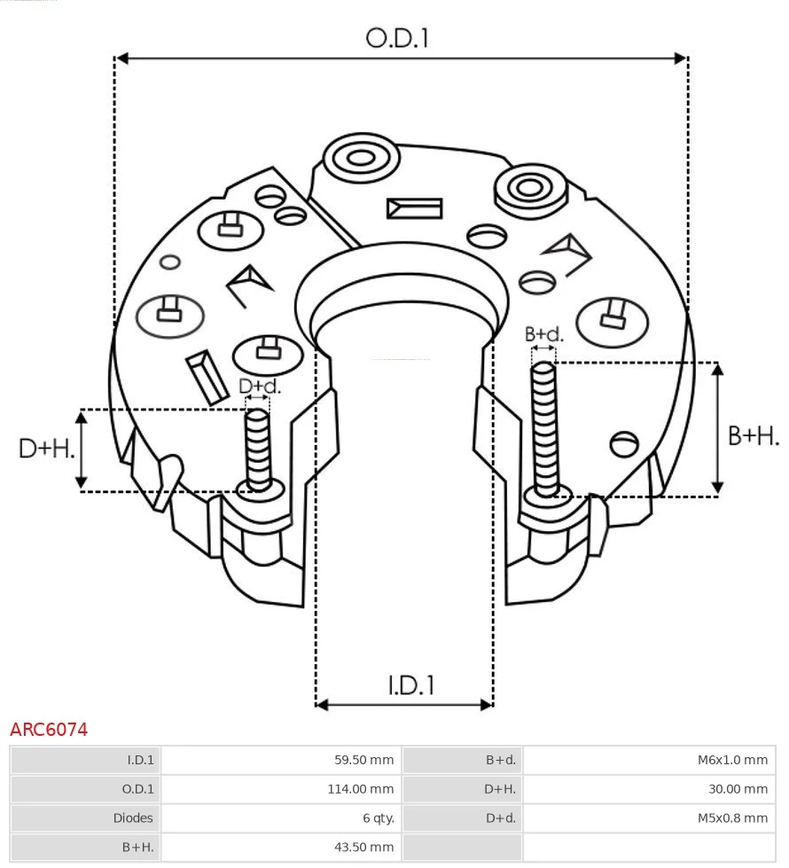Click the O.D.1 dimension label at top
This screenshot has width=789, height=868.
tap(397, 38)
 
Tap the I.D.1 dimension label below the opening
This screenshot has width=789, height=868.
tap(410, 685)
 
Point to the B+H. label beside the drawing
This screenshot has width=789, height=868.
tap(753, 435)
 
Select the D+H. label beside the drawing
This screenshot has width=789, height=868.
tap(46, 449)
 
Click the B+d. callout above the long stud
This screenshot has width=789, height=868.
tap(543, 334)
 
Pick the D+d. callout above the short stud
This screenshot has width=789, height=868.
tap(260, 387)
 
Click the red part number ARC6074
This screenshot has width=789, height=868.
tap(49, 730)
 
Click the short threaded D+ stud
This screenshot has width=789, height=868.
tap(258, 448)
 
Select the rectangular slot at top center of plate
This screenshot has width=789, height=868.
tap(414, 208)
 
